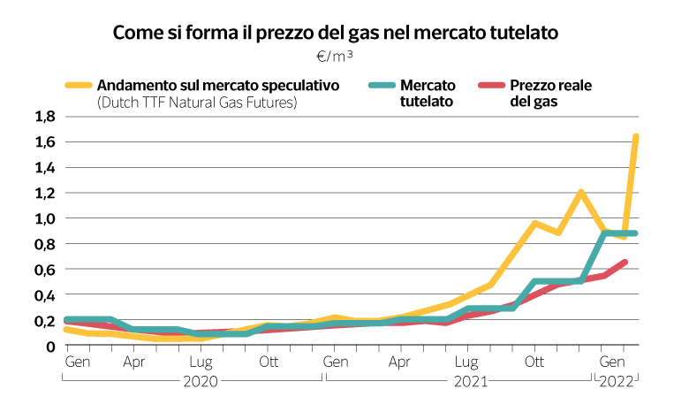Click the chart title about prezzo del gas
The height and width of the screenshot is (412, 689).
tap(337, 33)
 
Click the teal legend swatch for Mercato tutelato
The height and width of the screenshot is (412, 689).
tap(381, 86)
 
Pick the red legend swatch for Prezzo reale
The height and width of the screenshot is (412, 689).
tap(490, 86)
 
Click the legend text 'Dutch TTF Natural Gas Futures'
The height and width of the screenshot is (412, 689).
tap(197, 103)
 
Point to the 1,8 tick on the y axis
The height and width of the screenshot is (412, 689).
tap(45, 117)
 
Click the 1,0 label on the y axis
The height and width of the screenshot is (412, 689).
tap(45, 218)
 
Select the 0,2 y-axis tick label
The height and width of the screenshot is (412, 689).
tap(45, 321)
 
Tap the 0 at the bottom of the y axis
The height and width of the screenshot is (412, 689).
tap(51, 347)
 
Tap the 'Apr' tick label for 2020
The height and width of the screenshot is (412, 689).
tap(134, 362)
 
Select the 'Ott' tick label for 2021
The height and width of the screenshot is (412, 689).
tap(534, 362)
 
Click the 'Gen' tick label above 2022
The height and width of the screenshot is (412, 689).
tap(610, 362)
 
